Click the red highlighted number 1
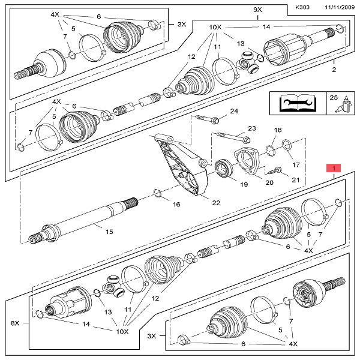coord(333,168)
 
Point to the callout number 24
coord(234,112)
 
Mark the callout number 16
coord(176,205)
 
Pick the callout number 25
coord(334,97)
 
